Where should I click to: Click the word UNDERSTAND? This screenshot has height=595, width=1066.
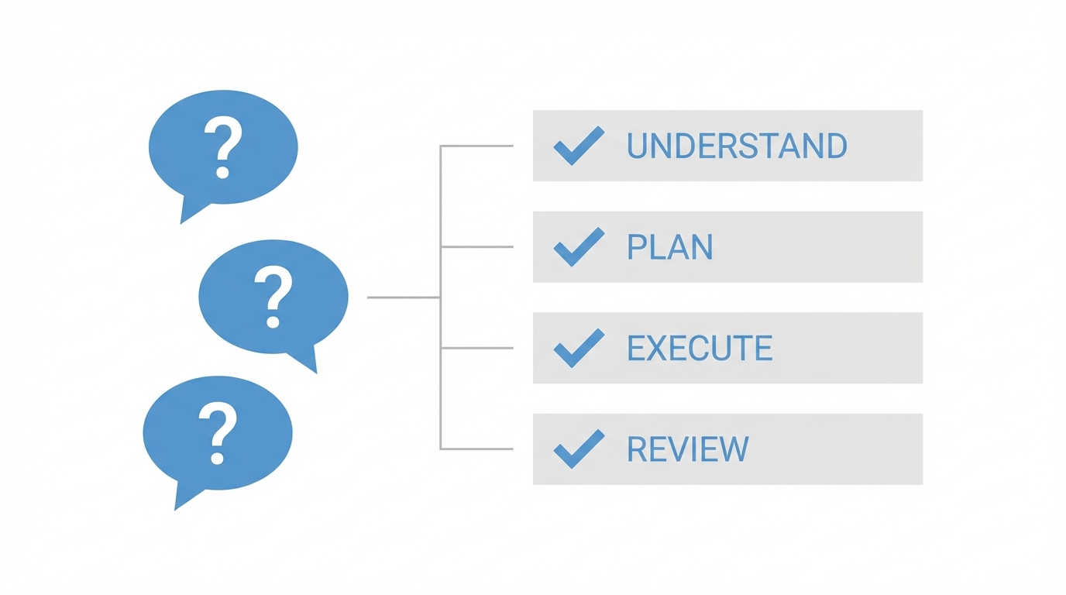point(736,146)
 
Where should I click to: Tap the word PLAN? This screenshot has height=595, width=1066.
point(669,247)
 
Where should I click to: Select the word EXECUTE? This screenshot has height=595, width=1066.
point(699,348)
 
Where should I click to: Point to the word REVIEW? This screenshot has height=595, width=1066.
point(687,449)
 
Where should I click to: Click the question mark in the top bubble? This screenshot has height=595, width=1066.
point(223,147)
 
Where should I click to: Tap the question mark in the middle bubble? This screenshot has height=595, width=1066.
point(273,297)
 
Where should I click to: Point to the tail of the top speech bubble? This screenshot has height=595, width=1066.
point(189,211)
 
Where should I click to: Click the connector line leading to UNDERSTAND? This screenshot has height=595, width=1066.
point(476,146)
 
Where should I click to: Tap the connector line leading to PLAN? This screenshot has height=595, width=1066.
point(476,247)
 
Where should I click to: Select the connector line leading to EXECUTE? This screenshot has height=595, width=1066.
point(476,348)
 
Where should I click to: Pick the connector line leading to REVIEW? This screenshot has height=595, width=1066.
point(476,449)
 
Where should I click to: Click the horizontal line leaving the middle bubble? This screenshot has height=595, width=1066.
point(403,297)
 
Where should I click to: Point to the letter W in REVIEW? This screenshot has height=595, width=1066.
point(733,449)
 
